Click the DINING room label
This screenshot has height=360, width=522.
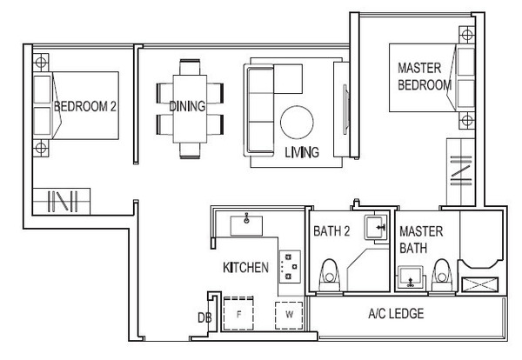point(187,106)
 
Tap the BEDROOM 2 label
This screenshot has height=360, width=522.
point(85,106)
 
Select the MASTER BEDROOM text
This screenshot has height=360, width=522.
point(425,77)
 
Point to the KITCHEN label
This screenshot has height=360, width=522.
point(245,267)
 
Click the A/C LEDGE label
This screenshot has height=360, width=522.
point(396,313)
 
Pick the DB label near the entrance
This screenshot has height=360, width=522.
point(204,318)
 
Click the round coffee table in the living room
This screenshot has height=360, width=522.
point(297,122)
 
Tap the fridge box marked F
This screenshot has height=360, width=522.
point(238,313)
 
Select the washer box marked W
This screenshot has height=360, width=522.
point(289,315)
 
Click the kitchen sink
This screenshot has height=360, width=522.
point(246,225)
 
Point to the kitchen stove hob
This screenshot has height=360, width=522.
point(290,266)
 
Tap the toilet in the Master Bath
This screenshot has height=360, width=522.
point(442,276)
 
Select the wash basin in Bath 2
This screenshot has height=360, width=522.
point(376,227)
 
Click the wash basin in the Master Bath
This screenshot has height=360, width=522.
point(411,277)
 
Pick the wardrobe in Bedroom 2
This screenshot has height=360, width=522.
point(62,201)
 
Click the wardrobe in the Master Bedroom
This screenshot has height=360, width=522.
point(461,172)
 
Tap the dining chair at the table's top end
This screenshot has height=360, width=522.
point(190,67)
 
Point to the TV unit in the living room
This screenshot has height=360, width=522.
point(342,109)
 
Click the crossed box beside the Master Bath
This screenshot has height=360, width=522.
point(480,285)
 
